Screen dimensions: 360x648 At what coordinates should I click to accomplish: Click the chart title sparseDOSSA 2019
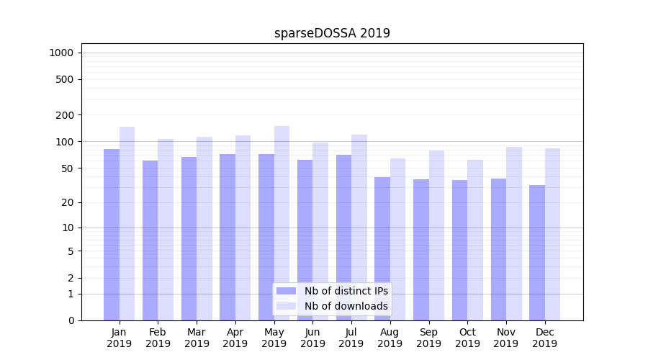coord(332,33)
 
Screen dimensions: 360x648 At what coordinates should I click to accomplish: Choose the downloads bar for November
coord(513,233)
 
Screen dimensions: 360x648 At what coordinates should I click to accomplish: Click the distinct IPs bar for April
coord(228,237)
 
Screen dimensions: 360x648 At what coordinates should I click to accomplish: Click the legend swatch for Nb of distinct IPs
coord(286,291)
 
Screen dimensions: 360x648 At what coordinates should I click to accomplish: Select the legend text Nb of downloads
coord(346,306)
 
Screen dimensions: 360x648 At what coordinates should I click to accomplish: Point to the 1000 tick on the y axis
coord(61,53)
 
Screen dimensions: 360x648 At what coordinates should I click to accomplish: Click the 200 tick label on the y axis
coord(64,115)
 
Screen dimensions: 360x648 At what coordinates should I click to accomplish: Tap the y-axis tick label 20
coord(67,202)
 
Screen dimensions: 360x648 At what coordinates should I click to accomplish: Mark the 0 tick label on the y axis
coord(71,320)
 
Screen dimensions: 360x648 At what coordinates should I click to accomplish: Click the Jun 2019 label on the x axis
coord(312,338)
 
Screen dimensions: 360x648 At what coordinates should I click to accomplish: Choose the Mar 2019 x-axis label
coord(197,338)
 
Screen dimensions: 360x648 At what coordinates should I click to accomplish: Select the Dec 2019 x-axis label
coord(544,338)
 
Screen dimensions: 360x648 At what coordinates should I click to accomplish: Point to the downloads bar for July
coord(359,227)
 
